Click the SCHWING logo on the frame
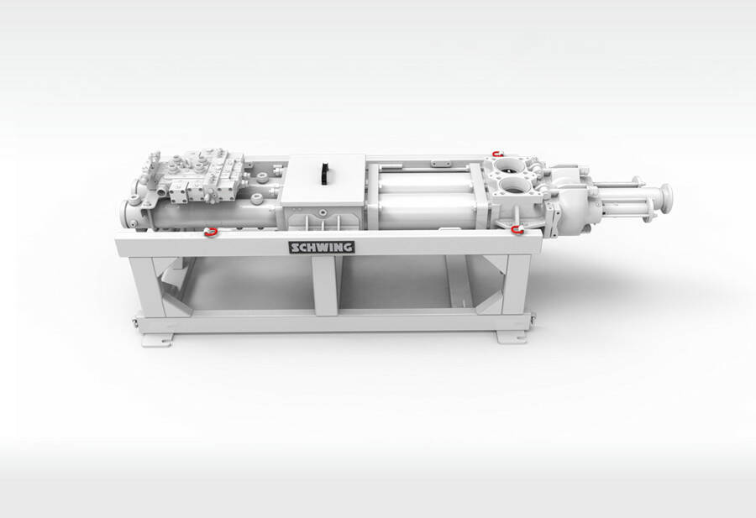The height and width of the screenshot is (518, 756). tap(322, 248)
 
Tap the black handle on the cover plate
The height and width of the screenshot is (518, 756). tap(325, 173)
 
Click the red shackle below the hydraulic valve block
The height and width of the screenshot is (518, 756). tap(210, 233)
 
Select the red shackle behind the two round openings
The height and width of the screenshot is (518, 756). tap(497, 154)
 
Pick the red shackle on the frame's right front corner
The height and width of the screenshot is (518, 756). tap(517, 230)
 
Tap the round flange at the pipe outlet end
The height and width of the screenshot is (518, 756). tap(666, 198)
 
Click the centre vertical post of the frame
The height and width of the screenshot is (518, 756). tap(326, 285)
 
